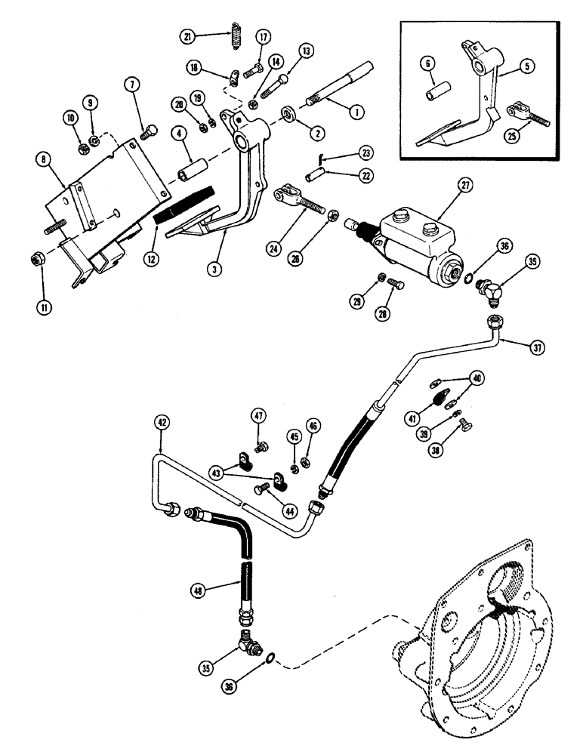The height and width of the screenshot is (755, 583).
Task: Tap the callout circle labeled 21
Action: click(x=188, y=36)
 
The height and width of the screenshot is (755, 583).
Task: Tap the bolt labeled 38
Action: click(x=467, y=432)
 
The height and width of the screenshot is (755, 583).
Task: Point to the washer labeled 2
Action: click(x=288, y=117)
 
